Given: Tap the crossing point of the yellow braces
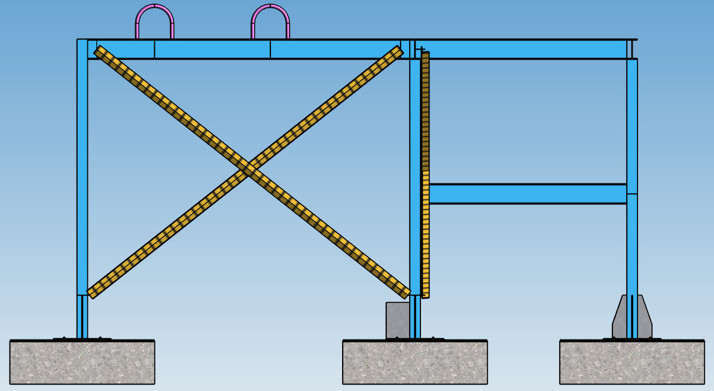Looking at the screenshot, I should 249,170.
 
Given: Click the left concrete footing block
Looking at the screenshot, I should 83,362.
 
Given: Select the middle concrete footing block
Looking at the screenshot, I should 414,362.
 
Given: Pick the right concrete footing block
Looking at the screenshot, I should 631,362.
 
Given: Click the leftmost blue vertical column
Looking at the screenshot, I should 83,179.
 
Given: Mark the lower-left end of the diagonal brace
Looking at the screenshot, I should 93,291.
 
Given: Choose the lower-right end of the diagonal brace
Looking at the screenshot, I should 404,291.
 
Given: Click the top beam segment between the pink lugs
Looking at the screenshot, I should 212,50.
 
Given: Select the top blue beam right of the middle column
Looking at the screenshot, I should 520,50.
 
